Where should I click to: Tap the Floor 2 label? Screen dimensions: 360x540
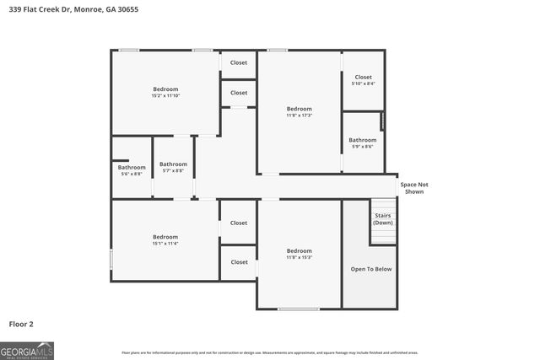[x=21, y=324]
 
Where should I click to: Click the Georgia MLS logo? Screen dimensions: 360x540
[x=27, y=351]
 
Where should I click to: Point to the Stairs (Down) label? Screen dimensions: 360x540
[x=383, y=219]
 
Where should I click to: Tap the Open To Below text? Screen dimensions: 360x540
[x=371, y=269]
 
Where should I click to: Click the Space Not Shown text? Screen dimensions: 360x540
[x=414, y=188]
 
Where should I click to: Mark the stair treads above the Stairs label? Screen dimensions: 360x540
[x=383, y=205]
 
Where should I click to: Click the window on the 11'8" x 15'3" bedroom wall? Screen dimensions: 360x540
[x=299, y=309]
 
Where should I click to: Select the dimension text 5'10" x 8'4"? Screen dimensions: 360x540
[x=363, y=83]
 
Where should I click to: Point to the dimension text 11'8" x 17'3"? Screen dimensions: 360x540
[x=299, y=116]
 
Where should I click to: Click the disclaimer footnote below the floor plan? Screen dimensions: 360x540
[x=270, y=352]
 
